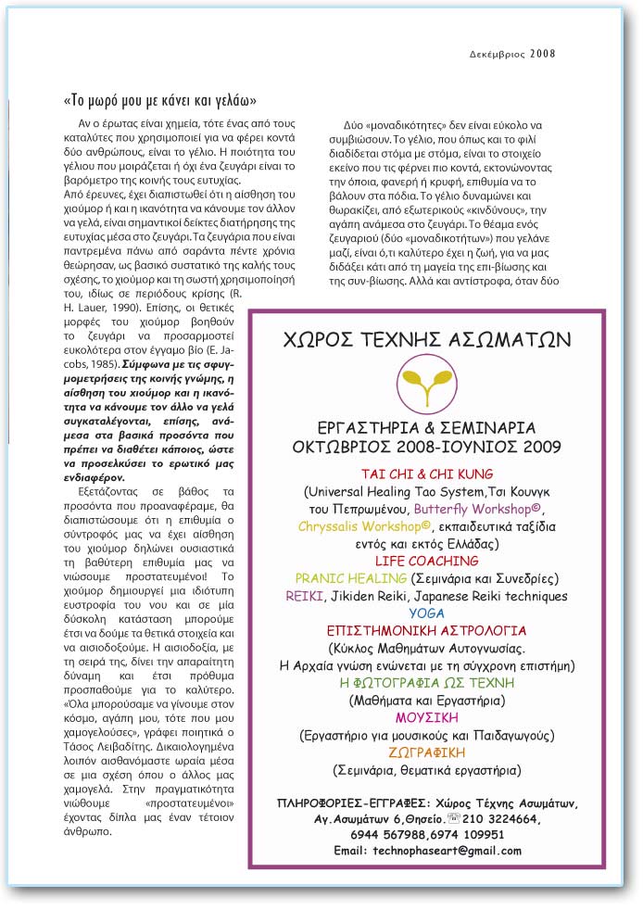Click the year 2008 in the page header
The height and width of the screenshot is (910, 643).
[x=543, y=53]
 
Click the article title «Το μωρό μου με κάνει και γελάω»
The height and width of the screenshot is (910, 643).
[x=160, y=99]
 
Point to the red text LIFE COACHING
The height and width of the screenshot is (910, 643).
[x=427, y=562]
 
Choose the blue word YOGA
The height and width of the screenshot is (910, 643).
[x=427, y=613]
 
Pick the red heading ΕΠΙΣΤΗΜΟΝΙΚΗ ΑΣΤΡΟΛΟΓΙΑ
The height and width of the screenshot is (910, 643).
[x=427, y=631]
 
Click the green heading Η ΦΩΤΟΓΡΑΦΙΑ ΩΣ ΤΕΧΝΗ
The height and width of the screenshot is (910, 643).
[x=427, y=683]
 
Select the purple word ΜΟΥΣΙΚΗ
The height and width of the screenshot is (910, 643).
[x=427, y=718]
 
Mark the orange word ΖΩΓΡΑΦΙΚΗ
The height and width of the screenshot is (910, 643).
[x=427, y=752]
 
